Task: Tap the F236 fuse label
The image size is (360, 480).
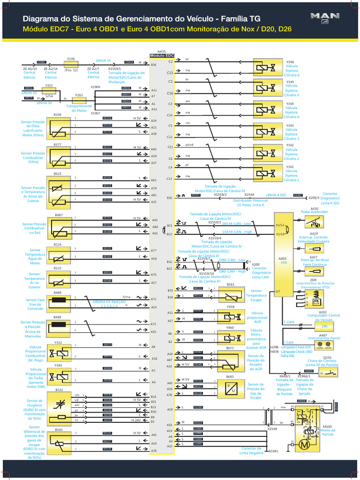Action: (71, 59)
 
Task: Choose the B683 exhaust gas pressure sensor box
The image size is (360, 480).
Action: (230, 387)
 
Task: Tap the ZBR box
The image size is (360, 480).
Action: (324, 326)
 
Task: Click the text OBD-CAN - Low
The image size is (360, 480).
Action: (232, 260)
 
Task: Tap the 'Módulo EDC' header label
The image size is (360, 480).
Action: (162, 55)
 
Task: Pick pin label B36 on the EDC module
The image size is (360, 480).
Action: (154, 65)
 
